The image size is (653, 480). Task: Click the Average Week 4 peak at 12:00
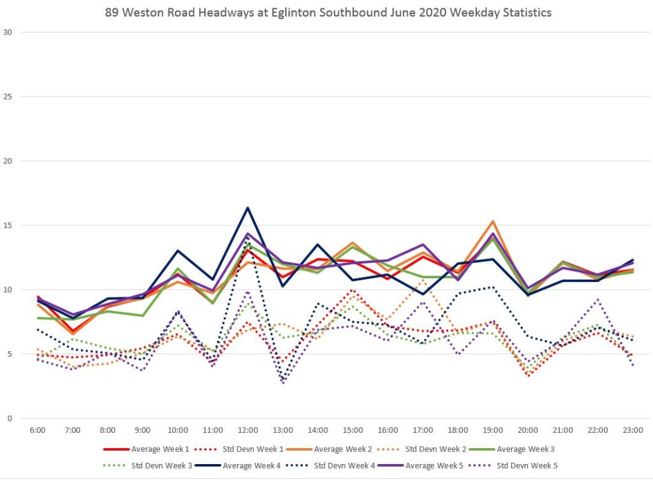(247, 207)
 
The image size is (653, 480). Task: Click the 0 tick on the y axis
(8, 419)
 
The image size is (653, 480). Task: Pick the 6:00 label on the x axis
(38, 430)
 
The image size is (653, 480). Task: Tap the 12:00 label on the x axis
(247, 430)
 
